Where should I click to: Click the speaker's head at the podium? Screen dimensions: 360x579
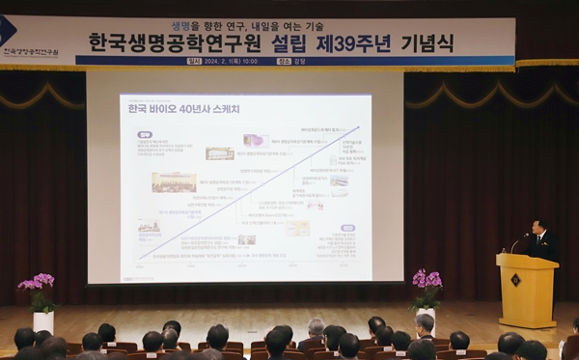pos(538,228)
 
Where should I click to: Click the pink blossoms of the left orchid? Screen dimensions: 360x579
pos(38,282)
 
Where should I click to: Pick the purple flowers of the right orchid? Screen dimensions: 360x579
pos(426,278)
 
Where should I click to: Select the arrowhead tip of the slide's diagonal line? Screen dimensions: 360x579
pos(358,127)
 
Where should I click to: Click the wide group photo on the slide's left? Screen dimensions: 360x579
pos(174,181)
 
